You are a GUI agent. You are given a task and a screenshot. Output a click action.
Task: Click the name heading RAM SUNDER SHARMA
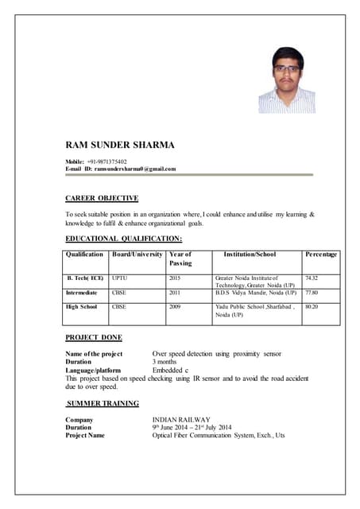point(119,145)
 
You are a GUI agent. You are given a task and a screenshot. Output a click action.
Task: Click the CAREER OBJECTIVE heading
point(101,198)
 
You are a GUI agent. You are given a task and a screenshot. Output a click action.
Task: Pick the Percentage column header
point(321,254)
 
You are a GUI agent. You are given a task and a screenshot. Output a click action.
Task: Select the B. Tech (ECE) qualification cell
point(85,278)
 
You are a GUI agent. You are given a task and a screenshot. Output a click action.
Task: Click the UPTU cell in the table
point(119,278)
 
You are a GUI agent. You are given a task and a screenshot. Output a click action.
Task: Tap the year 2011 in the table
point(175,293)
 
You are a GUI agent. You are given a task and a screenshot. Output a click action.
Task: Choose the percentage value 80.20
point(312,306)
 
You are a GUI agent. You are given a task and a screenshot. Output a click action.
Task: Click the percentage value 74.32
point(312,278)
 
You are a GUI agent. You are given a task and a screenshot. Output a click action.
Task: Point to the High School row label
point(82,306)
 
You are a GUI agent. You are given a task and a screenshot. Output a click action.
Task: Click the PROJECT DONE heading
point(93,337)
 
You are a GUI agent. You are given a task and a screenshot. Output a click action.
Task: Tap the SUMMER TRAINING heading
point(103,403)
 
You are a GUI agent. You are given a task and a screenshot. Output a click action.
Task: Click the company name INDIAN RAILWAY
point(180,419)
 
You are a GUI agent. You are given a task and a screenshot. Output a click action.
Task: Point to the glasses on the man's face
point(288,69)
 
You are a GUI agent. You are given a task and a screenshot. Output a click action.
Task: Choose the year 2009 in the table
point(175,306)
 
